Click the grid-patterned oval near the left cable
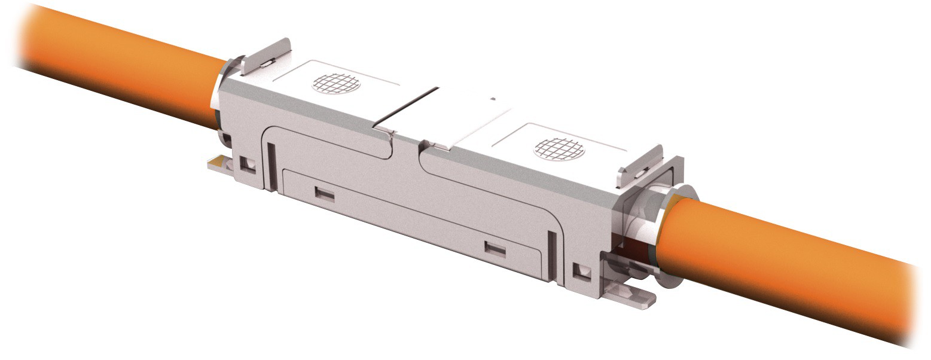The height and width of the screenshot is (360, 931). click(x=337, y=83)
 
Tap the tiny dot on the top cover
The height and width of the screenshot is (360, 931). click(x=493, y=99)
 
